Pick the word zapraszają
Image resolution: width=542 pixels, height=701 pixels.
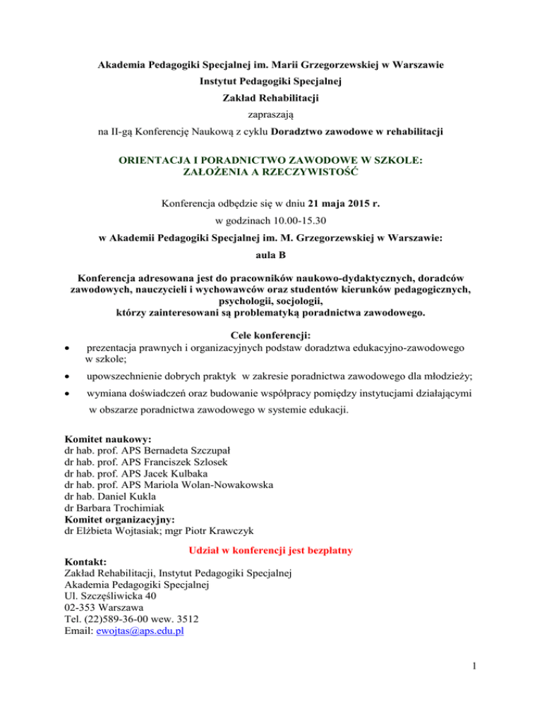270,112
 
